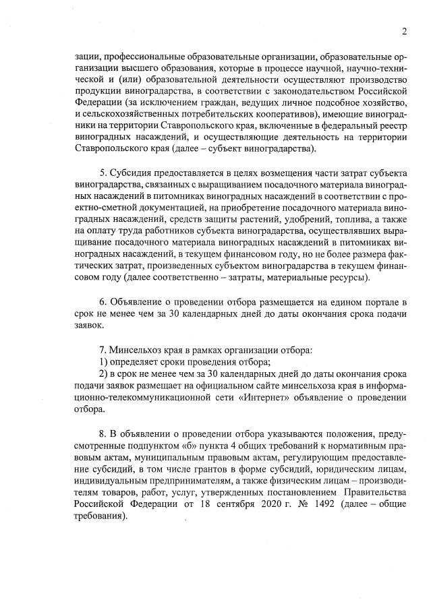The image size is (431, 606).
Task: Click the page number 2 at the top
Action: point(404,31)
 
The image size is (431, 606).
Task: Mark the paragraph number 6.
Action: point(102,303)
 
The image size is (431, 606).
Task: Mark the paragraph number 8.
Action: point(102,431)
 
